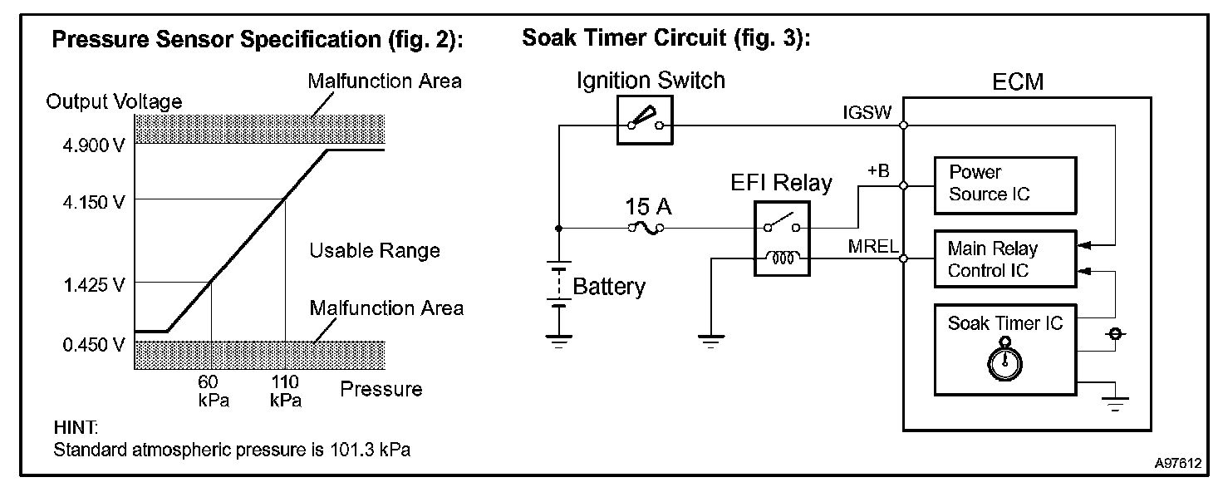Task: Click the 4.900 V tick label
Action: [x=94, y=145]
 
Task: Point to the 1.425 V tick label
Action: [x=94, y=285]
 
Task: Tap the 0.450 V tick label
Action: [x=94, y=345]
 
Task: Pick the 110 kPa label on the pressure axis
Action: [x=286, y=391]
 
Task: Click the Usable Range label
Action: [x=375, y=251]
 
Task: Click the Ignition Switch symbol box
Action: [x=645, y=121]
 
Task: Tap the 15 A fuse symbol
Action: [x=646, y=228]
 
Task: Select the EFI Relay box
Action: [x=782, y=239]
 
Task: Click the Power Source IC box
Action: [x=1005, y=185]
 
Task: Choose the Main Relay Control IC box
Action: [x=1005, y=258]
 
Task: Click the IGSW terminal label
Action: [x=867, y=112]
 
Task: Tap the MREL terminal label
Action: [x=873, y=246]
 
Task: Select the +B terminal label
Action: [x=878, y=171]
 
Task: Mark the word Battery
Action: [x=609, y=287]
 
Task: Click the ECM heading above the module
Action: [x=1018, y=82]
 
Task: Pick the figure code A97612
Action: [x=1177, y=464]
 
